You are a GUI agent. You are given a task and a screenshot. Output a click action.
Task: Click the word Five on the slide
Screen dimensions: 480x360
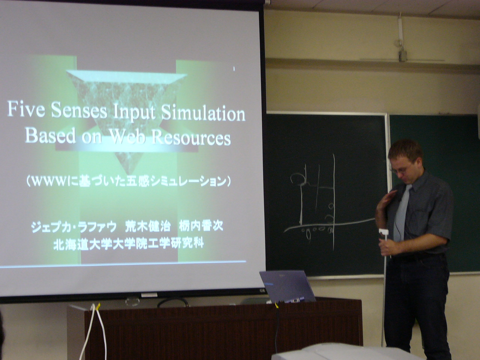[26, 109]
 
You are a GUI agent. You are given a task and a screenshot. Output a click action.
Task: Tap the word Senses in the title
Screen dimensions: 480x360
[79, 110]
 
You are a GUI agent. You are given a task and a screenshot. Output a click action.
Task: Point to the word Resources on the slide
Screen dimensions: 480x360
[191, 137]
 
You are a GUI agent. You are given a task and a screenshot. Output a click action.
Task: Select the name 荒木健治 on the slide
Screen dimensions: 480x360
[148, 226]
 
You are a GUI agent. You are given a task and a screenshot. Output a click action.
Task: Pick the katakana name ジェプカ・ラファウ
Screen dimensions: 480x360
[74, 227]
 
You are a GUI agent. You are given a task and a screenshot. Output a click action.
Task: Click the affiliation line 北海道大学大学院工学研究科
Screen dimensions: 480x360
[129, 244]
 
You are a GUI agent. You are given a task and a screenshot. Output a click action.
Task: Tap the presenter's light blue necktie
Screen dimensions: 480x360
[402, 211]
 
